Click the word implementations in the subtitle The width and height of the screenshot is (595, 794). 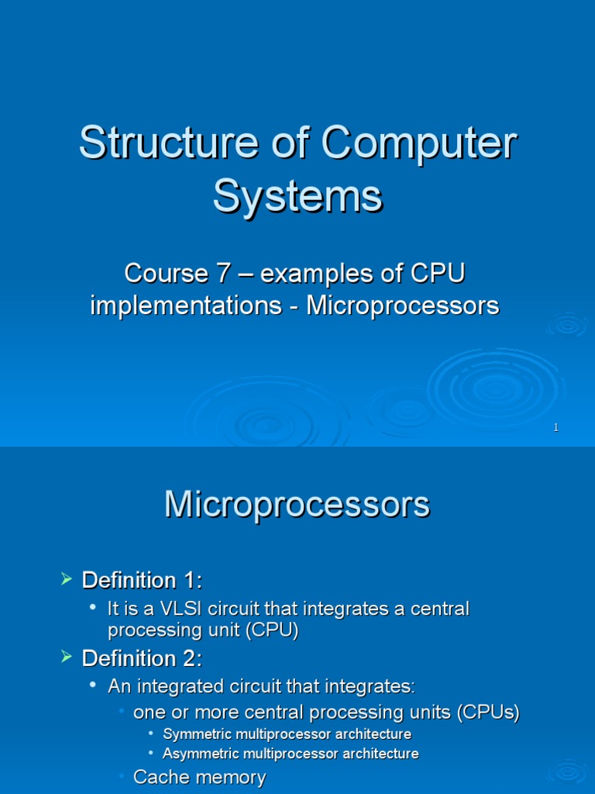pyautogui.click(x=185, y=306)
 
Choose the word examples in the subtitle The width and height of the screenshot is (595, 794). pyautogui.click(x=317, y=274)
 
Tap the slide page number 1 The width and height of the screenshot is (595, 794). pyautogui.click(x=555, y=428)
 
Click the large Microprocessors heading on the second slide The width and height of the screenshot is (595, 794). pyautogui.click(x=297, y=505)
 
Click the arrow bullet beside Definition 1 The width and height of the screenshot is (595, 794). pyautogui.click(x=67, y=579)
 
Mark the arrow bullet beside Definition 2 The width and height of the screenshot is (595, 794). pyautogui.click(x=67, y=658)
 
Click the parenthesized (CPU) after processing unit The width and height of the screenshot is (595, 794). pyautogui.click(x=273, y=630)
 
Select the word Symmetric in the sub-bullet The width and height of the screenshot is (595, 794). pyautogui.click(x=195, y=734)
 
